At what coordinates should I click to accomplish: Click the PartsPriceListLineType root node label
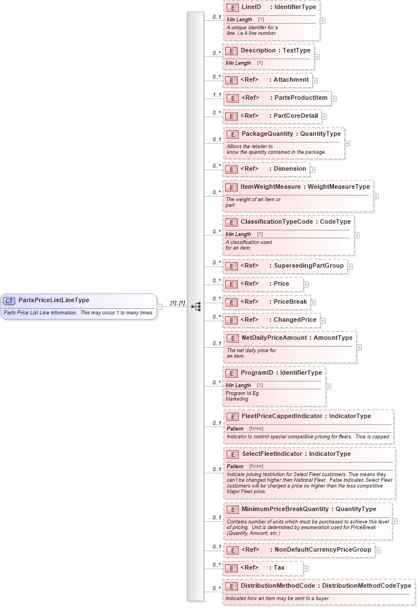coord(54,300)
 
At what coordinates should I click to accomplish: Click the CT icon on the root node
coord(10,301)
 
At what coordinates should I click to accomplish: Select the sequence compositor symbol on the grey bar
coord(196,307)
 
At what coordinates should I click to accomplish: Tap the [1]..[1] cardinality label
coord(177,303)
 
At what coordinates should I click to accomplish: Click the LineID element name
coord(251,7)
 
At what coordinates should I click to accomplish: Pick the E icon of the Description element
coord(231,51)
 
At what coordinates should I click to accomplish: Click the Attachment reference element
coord(291,80)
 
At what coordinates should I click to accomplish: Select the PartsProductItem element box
coord(277,98)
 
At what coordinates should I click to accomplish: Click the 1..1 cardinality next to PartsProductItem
coord(216,95)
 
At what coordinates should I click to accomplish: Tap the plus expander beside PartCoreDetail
coord(324,117)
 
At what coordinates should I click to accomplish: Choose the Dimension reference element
coord(290,168)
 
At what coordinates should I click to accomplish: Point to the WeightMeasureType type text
coord(339,187)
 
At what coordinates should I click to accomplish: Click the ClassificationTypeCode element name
coord(277,222)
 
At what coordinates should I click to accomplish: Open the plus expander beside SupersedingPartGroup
coord(350,266)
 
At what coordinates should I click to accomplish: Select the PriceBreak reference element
coord(290,301)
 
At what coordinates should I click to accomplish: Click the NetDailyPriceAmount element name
coord(275,338)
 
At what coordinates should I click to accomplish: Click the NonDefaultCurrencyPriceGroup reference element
coord(322,549)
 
